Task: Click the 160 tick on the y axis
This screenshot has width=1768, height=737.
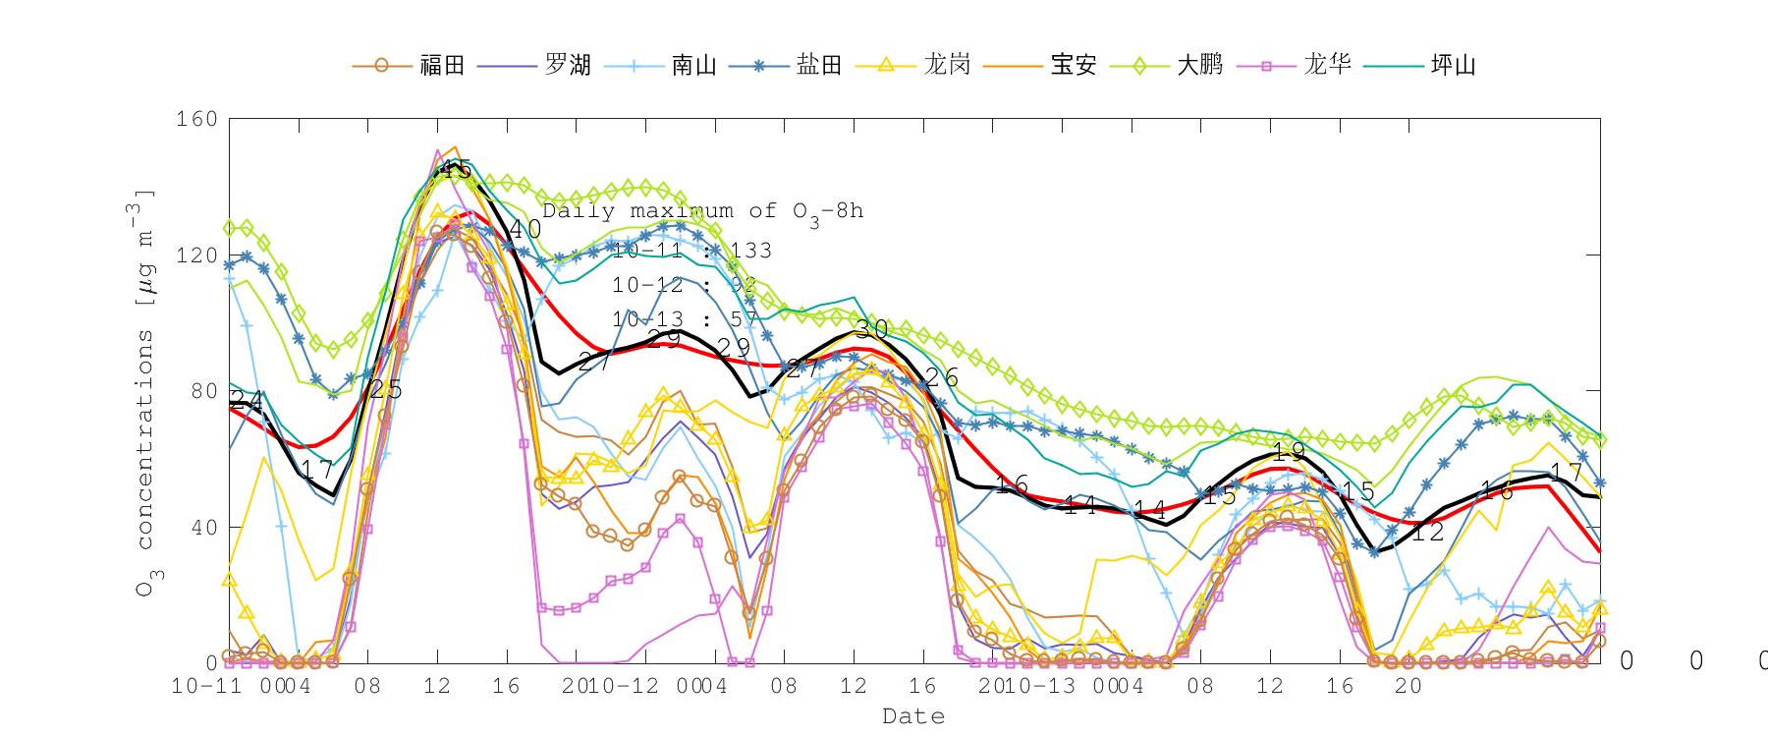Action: [196, 119]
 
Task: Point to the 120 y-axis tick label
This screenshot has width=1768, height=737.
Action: [196, 255]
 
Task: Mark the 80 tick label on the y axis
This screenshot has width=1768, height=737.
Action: [203, 391]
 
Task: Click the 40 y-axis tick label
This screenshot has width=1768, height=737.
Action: [203, 528]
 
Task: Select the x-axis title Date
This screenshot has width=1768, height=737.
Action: [913, 716]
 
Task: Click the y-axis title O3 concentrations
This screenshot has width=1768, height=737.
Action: [145, 393]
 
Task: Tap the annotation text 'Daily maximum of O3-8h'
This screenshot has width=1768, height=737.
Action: [702, 212]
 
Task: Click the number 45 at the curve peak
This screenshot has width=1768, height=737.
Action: [455, 169]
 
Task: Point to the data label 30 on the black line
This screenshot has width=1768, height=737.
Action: [871, 329]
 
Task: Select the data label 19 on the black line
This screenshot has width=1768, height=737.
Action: [1289, 452]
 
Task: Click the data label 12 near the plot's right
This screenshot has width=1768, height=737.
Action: [1427, 533]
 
